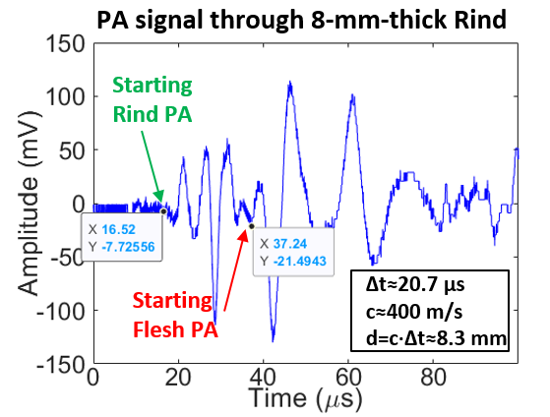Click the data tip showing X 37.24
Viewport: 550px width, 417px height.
pyautogui.click(x=293, y=251)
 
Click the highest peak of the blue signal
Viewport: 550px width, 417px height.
pyautogui.click(x=289, y=84)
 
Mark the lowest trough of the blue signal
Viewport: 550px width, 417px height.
pyautogui.click(x=273, y=340)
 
